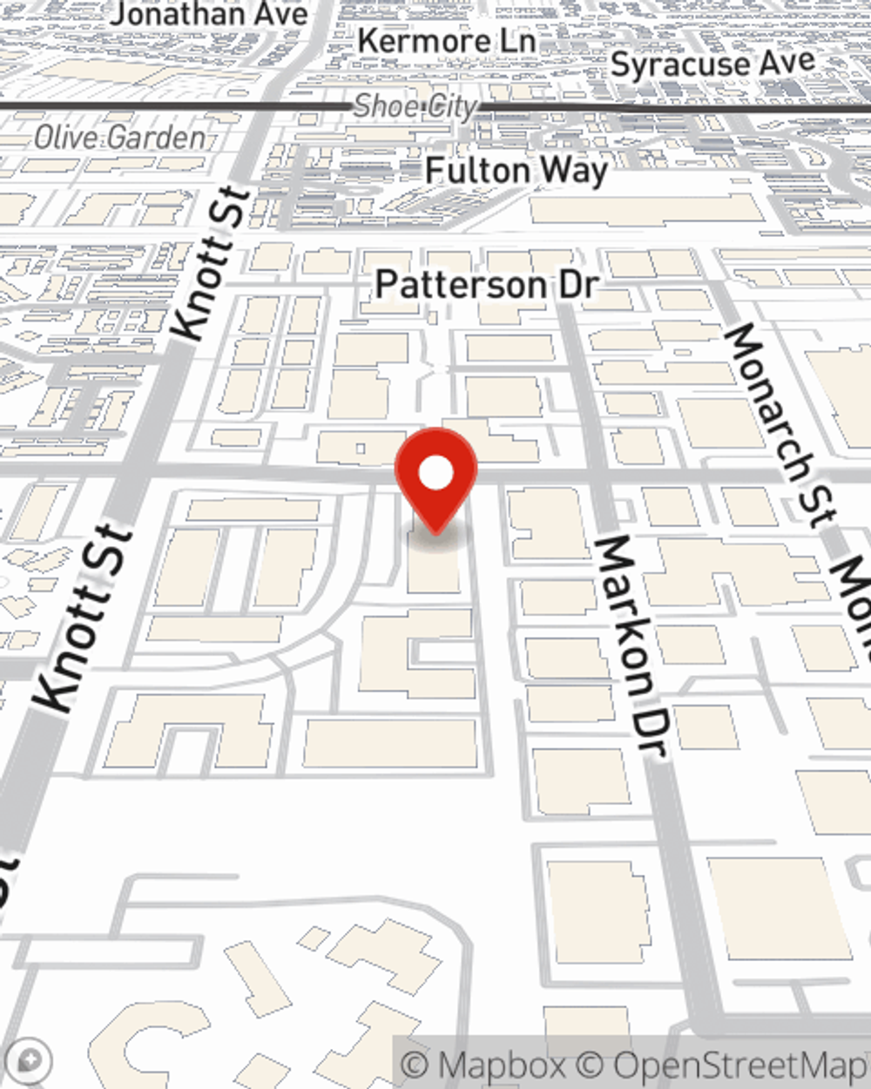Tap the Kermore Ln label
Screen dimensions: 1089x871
pyautogui.click(x=446, y=41)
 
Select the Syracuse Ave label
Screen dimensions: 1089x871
pyautogui.click(x=712, y=64)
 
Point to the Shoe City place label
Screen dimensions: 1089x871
pyautogui.click(x=415, y=106)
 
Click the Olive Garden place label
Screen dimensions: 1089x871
pyautogui.click(x=120, y=137)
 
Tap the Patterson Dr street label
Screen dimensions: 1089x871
pyautogui.click(x=487, y=284)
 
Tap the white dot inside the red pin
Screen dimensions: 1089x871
pyautogui.click(x=435, y=474)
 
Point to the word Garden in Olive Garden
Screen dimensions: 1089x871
pyautogui.click(x=161, y=137)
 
